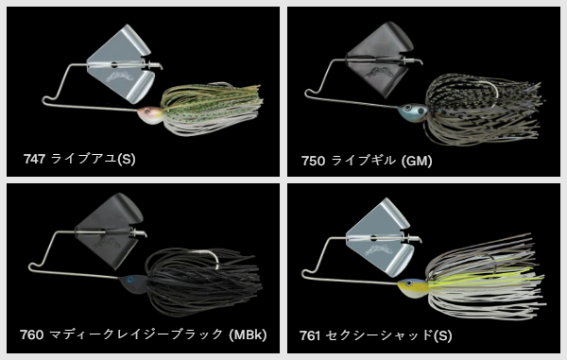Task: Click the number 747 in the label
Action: [x=34, y=159]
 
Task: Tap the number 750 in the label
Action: [x=313, y=161]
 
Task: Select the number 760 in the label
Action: [x=31, y=334]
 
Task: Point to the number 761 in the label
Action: [x=310, y=335]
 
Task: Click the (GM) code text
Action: [x=417, y=161]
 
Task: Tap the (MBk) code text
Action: [x=248, y=334]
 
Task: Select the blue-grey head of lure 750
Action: [x=411, y=111]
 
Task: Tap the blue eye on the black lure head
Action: [x=130, y=280]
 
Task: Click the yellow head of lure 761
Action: [x=413, y=287]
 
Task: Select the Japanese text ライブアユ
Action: [x=83, y=159]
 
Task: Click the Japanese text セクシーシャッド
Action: [x=379, y=335]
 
